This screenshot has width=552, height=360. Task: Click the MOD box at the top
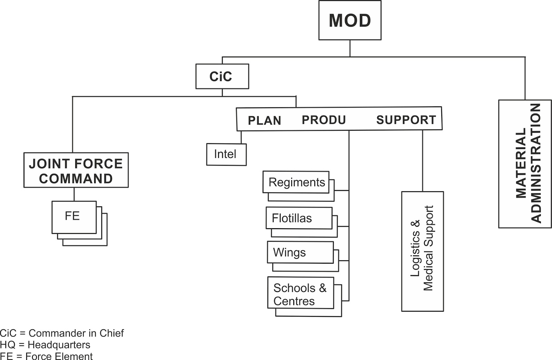pyautogui.click(x=349, y=20)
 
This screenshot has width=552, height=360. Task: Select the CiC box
pyautogui.click(x=222, y=76)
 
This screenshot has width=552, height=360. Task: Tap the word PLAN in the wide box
pyautogui.click(x=264, y=120)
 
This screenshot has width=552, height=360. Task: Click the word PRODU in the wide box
pyautogui.click(x=324, y=120)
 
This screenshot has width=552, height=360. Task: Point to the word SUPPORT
pyautogui.click(x=406, y=120)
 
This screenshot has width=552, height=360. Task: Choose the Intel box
pyautogui.click(x=226, y=154)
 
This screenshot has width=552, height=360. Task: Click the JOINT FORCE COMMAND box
pyautogui.click(x=76, y=170)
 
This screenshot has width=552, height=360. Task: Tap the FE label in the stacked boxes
pyautogui.click(x=72, y=216)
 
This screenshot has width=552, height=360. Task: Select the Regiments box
pyautogui.click(x=296, y=182)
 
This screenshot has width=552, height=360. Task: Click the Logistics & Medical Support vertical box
pyautogui.click(x=422, y=251)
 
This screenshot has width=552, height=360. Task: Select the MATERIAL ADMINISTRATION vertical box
pyautogui.click(x=525, y=164)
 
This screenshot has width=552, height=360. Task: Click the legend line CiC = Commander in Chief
pyautogui.click(x=62, y=333)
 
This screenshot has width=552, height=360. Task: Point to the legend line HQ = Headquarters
pyautogui.click(x=45, y=344)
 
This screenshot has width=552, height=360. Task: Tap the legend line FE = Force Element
pyautogui.click(x=46, y=356)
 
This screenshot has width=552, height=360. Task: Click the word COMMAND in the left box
pyautogui.click(x=76, y=178)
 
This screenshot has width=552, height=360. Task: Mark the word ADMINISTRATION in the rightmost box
pyautogui.click(x=536, y=164)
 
